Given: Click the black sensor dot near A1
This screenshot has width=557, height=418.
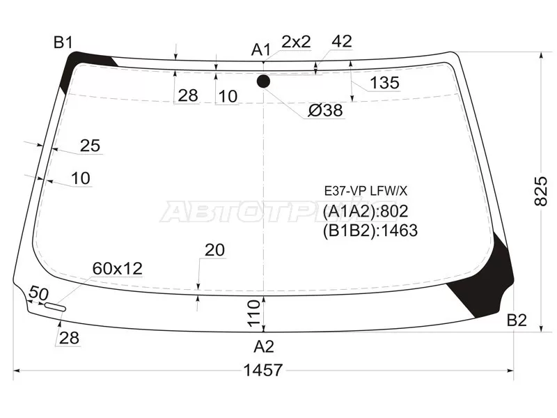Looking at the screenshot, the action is click(x=263, y=82).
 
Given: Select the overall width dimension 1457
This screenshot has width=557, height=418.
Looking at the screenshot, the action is click(x=263, y=371).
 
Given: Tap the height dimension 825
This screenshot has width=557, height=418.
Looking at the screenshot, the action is click(x=541, y=191).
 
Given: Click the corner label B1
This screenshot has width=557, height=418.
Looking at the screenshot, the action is click(x=63, y=42).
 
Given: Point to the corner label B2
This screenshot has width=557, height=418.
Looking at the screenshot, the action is click(x=517, y=320).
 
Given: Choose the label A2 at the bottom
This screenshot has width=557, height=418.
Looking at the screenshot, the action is click(x=264, y=346).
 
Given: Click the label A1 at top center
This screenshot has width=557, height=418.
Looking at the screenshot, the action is click(x=261, y=49).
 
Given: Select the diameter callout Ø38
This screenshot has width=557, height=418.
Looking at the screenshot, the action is click(x=325, y=111).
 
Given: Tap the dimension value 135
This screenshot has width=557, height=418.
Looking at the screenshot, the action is click(x=385, y=83).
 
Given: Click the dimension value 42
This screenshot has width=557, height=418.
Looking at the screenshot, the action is click(x=342, y=42).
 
